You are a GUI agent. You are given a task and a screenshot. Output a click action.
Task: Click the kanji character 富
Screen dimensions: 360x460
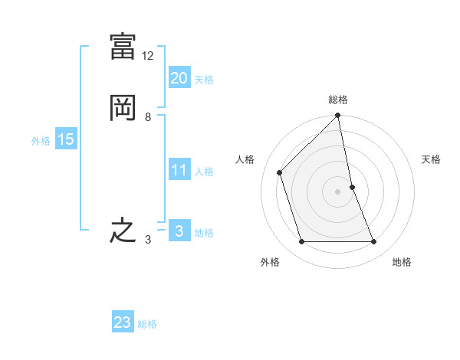coord(123,47)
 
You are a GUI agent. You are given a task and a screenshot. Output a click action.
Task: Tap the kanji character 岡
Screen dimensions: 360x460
coord(123,108)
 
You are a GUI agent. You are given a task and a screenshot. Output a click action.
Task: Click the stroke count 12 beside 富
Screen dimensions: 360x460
coord(148,56)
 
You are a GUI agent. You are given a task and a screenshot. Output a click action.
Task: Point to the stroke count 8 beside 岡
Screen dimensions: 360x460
coord(147,117)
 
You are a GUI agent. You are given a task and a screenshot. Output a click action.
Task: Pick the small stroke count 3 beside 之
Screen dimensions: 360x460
coord(147,240)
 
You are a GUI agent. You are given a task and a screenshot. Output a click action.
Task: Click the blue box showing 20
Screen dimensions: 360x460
coord(179,77)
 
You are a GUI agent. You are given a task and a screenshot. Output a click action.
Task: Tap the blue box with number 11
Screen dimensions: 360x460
coord(179,170)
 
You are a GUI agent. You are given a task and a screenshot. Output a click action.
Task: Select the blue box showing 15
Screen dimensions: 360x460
coord(65,139)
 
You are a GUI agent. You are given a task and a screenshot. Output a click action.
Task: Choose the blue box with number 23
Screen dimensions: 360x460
coord(123,322)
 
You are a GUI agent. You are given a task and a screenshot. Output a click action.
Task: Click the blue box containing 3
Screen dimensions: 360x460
coord(179,231)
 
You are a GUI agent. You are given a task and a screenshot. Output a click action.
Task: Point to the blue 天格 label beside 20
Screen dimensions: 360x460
coord(204,80)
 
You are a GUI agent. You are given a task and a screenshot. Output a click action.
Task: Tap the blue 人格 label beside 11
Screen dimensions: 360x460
coord(204,172)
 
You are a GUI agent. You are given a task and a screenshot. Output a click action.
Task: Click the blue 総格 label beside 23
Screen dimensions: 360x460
coord(147,324)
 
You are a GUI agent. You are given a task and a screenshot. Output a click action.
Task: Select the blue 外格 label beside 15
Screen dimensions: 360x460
coord(41,141)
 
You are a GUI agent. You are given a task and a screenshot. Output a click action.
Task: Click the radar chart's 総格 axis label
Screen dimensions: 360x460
coord(338,100)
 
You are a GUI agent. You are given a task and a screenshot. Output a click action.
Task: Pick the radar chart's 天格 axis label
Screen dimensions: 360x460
coord(432,159)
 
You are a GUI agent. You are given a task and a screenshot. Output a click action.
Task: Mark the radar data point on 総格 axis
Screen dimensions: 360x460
coord(338,116)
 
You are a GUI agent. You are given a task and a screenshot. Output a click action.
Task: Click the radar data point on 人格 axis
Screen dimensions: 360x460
coord(280,172)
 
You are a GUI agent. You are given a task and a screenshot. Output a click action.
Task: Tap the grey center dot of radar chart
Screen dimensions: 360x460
coord(338,191)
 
